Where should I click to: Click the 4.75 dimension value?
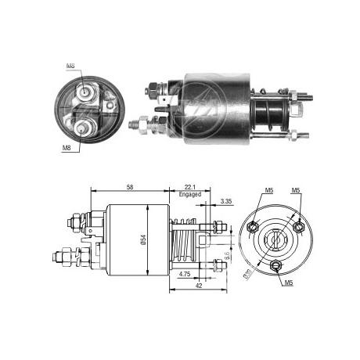point(184,274)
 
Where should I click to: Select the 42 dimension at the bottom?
point(200,286)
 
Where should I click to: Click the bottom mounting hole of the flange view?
point(275,265)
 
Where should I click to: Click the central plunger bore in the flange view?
point(275,239)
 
